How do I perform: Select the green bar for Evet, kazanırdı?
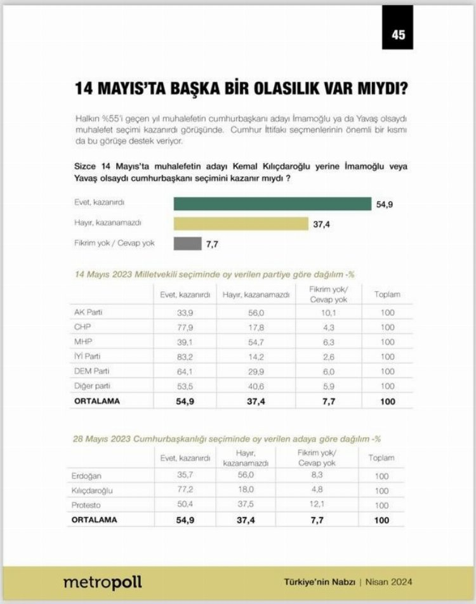(x=272, y=204)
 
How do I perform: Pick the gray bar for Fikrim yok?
(x=187, y=243)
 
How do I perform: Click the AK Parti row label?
(x=88, y=312)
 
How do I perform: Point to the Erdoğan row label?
(x=88, y=476)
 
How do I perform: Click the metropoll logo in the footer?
(x=102, y=582)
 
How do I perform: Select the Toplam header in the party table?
(x=387, y=294)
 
